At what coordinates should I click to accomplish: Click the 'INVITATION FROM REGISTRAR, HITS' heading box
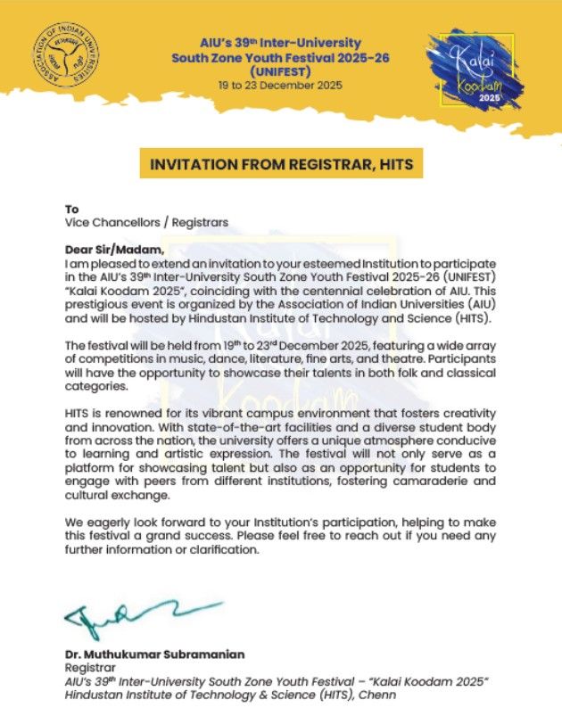coord(280,165)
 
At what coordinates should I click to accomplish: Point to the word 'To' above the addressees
coord(72,209)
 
